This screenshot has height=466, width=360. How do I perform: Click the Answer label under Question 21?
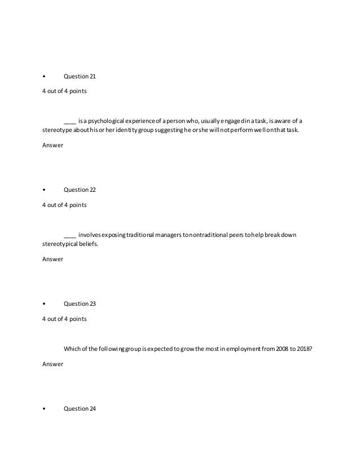[x=52, y=146]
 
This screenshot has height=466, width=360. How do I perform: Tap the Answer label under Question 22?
[x=52, y=260]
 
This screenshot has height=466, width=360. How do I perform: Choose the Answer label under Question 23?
[x=52, y=364]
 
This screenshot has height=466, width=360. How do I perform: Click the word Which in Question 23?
[x=72, y=349]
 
